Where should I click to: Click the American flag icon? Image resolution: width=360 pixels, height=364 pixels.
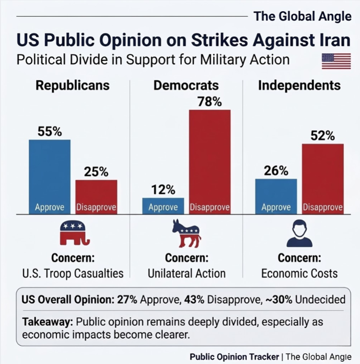336,61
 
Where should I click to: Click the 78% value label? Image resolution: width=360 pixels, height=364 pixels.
210,102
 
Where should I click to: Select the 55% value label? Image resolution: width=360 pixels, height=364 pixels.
50,132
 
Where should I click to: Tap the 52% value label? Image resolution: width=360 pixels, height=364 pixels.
323,136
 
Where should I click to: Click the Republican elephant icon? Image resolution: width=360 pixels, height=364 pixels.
74,233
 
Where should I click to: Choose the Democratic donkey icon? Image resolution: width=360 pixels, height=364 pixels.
187,233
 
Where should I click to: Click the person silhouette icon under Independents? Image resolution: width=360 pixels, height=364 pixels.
299,233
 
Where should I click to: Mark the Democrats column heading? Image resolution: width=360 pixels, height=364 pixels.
186,85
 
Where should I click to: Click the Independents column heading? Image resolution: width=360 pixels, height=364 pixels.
299,85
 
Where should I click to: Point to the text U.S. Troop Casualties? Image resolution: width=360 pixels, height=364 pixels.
73,273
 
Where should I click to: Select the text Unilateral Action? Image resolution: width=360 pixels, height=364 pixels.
187,273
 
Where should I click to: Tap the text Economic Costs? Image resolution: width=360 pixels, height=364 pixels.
299,273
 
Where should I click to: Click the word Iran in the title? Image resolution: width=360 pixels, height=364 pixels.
333,39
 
